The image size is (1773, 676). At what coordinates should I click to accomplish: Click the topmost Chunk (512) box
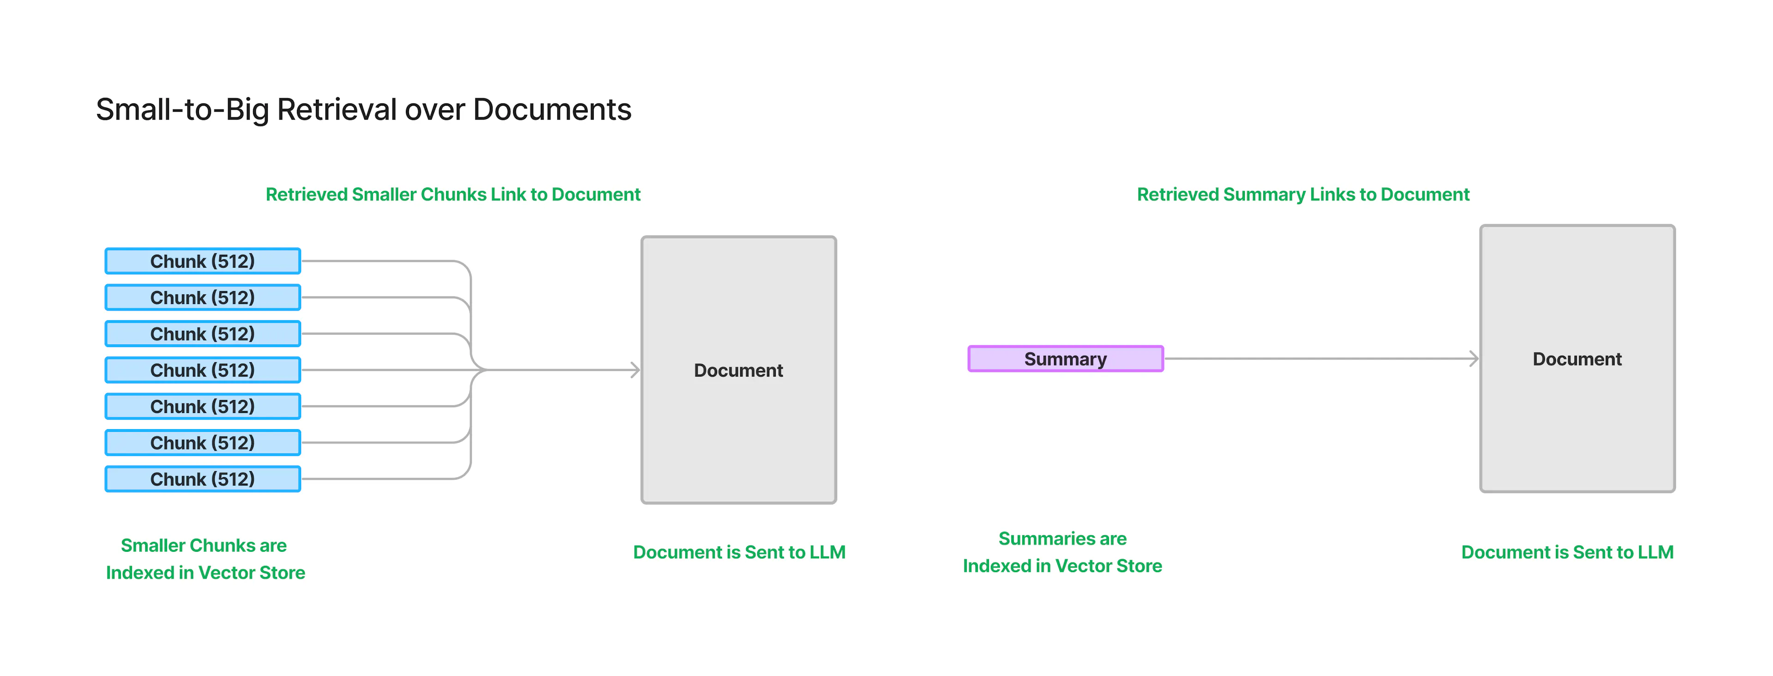click(x=202, y=261)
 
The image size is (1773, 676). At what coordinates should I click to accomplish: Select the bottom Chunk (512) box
click(x=202, y=479)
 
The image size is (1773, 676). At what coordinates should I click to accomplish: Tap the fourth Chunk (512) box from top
click(x=202, y=371)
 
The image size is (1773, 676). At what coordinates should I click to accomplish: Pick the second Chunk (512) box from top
click(x=202, y=298)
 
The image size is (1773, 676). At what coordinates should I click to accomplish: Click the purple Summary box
click(x=1066, y=359)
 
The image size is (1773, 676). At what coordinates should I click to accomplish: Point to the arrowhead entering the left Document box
click(x=635, y=370)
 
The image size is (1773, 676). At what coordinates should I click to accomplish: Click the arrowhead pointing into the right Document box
click(x=1474, y=358)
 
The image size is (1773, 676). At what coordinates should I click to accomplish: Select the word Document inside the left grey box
click(x=738, y=371)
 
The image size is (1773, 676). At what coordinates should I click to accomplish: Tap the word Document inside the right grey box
click(x=1577, y=359)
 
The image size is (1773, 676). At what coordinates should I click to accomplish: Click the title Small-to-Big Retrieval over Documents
click(x=363, y=110)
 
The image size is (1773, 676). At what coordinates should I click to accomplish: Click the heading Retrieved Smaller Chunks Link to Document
click(x=453, y=195)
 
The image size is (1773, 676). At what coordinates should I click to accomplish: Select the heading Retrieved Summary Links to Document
click(x=1303, y=195)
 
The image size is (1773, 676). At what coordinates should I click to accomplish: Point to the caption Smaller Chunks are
click(x=204, y=545)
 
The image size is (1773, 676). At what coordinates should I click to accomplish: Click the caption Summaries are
click(x=1062, y=538)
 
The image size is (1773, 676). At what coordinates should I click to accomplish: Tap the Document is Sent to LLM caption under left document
click(x=739, y=552)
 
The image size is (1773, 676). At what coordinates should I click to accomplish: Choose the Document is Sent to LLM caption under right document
click(x=1567, y=552)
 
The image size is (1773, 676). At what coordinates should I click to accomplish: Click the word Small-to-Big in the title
click(x=182, y=110)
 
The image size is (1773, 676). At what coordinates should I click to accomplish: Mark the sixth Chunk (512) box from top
click(x=202, y=443)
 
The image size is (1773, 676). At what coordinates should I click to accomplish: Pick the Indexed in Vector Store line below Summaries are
click(x=1062, y=566)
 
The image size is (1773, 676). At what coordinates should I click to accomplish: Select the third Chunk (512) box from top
click(x=202, y=334)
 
